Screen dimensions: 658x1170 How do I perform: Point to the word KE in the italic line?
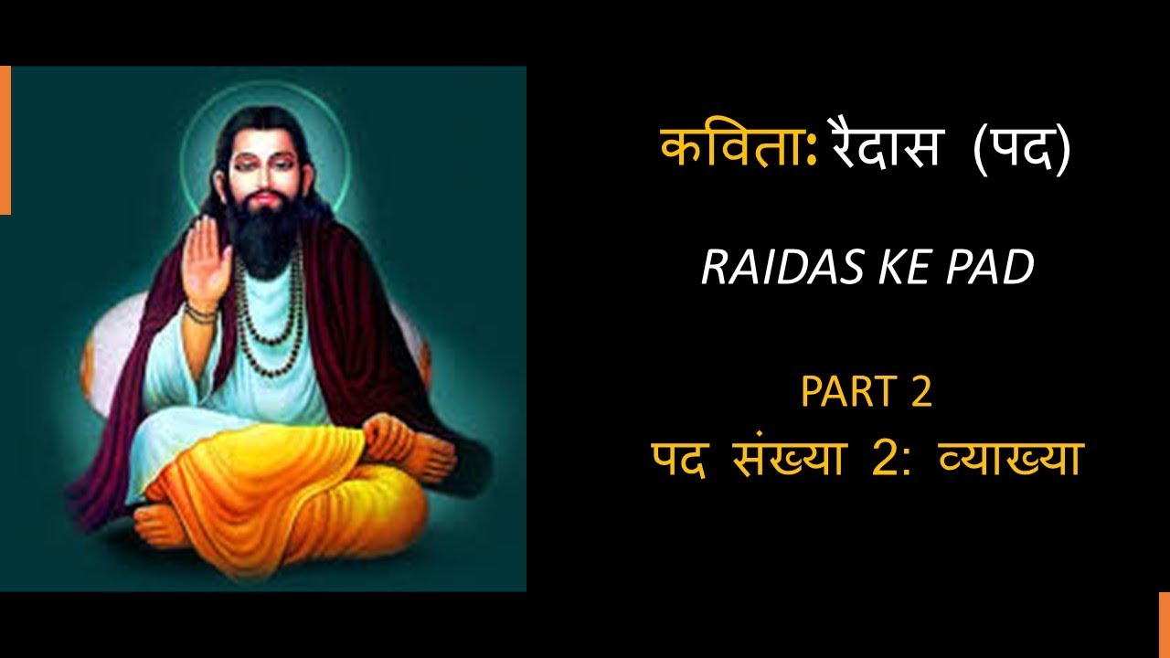coord(892,268)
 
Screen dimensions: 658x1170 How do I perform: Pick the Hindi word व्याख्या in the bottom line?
coord(1011,458)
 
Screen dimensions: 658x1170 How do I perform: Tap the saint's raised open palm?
coord(207,256)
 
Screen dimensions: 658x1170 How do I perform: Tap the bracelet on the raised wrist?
coord(200,312)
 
